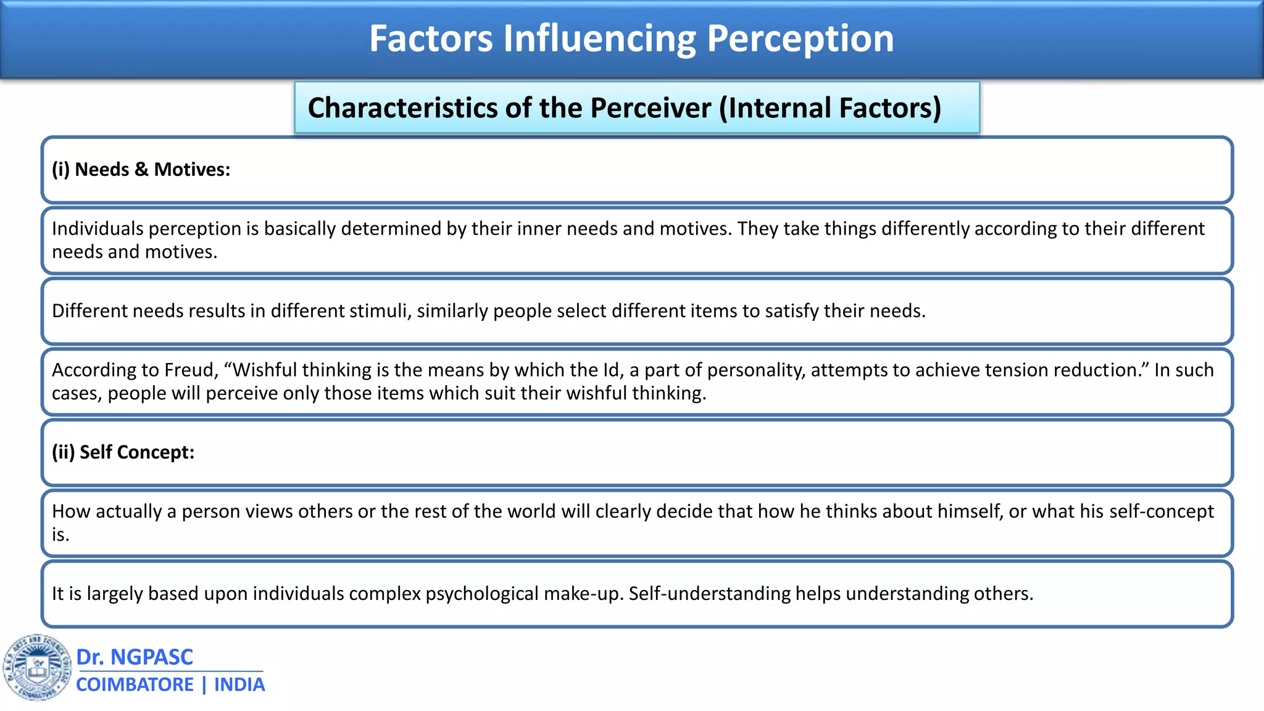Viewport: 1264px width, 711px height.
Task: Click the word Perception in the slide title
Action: pyautogui.click(x=800, y=38)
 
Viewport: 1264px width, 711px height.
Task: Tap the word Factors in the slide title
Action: pyautogui.click(x=431, y=38)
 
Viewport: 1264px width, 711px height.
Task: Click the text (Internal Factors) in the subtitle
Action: pyautogui.click(x=830, y=108)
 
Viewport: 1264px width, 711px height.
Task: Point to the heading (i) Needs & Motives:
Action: pyautogui.click(x=141, y=170)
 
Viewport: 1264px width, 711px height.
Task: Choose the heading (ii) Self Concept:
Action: pyautogui.click(x=123, y=452)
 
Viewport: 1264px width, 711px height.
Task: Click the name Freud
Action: pyautogui.click(x=191, y=370)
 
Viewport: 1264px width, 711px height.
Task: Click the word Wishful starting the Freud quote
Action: pyautogui.click(x=260, y=370)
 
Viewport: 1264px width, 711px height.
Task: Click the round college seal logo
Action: pyautogui.click(x=37, y=668)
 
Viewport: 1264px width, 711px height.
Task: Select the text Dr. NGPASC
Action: pyautogui.click(x=135, y=657)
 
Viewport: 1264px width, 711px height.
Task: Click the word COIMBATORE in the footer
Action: pyautogui.click(x=135, y=685)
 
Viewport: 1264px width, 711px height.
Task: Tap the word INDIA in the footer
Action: pyautogui.click(x=239, y=685)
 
